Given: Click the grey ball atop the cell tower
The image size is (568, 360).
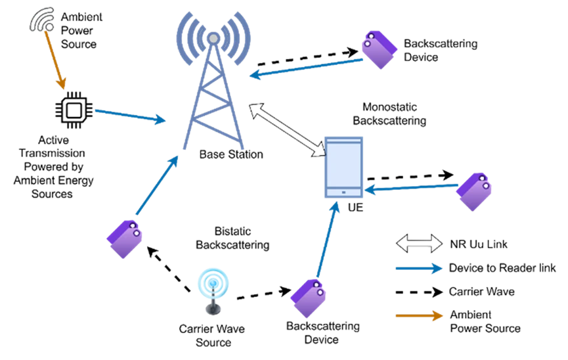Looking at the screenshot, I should click(213, 39).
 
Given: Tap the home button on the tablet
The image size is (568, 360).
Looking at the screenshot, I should click(343, 192).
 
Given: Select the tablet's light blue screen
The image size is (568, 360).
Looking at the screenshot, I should click(343, 165).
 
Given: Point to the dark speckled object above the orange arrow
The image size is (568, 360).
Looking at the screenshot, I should click(42, 20).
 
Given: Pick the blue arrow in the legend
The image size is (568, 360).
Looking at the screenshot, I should click(419, 268).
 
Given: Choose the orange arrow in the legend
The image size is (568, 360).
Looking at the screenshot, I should click(419, 315).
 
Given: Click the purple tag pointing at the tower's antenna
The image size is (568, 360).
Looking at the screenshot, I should click(379, 49).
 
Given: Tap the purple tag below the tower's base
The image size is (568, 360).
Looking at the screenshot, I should click(125, 238).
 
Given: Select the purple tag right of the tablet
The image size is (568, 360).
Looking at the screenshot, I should click(474, 191).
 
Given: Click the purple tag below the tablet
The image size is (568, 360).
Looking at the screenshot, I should click(308, 298).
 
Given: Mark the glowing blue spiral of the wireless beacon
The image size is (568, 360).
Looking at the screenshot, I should click(213, 282).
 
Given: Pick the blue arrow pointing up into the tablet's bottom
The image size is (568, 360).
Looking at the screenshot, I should click(327, 240).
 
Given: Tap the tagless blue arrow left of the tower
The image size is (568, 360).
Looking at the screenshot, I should click(130, 115).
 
